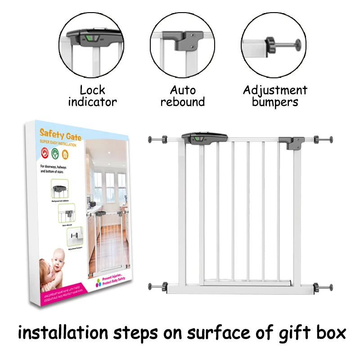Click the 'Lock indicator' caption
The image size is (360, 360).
coord(92,96)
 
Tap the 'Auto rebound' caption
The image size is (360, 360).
coord(182,96)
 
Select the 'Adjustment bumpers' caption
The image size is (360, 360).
coord(275,96)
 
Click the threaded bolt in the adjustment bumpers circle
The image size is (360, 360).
coord(284,45)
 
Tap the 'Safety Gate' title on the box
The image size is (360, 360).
coord(60,134)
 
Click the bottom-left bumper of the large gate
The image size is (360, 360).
coord(158,286)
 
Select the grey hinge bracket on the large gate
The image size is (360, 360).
coord(291,143)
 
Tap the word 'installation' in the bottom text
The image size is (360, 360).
coord(63,333)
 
